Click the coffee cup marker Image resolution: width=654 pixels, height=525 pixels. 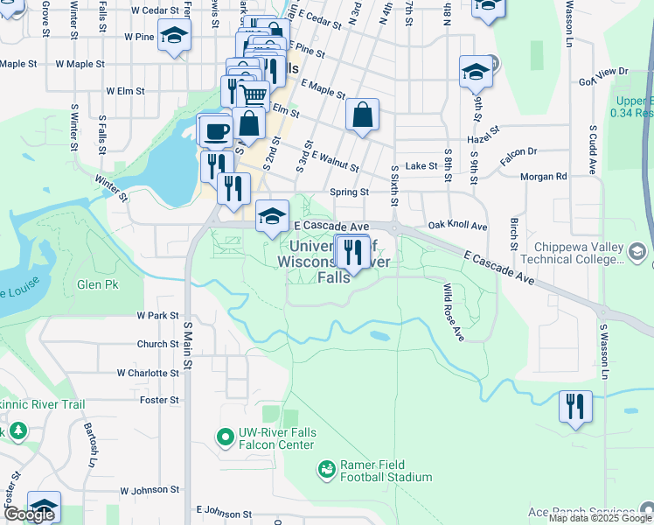click(215, 131)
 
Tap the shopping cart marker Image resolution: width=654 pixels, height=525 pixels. click(253, 94)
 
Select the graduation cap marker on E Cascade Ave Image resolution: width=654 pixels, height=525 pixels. click(272, 214)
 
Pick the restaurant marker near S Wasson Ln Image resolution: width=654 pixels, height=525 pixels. click(576, 406)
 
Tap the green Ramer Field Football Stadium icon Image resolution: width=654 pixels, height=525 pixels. click(327, 471)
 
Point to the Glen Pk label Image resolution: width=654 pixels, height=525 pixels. click(97, 285)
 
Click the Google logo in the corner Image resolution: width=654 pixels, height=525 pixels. click(29, 514)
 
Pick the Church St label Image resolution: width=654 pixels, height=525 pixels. click(158, 345)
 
